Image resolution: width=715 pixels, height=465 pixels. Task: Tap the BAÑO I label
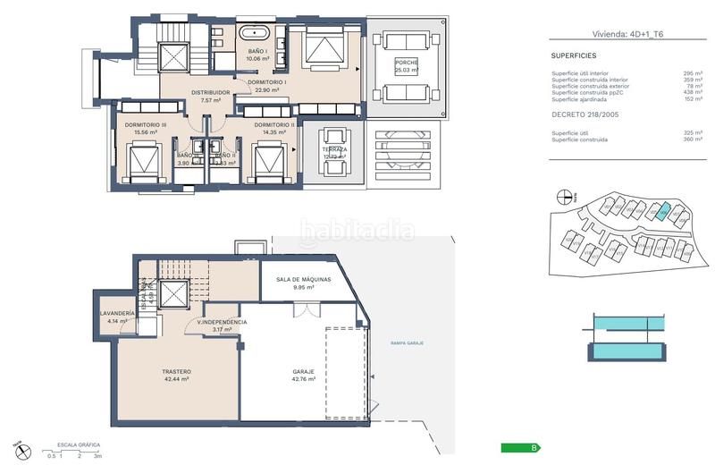(x=258, y=52)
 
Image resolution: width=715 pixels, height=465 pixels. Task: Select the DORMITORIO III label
(x=146, y=125)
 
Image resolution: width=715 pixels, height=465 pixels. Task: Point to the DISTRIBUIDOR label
(x=211, y=92)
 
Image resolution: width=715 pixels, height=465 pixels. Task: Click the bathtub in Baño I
(x=260, y=36)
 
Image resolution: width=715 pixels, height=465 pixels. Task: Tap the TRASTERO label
(x=178, y=371)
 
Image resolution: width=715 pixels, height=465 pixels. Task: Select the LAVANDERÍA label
(x=118, y=313)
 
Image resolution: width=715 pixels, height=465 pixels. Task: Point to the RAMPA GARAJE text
(x=408, y=342)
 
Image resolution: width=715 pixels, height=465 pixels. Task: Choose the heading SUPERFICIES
(x=575, y=55)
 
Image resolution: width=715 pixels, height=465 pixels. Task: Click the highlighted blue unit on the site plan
(x=660, y=211)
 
